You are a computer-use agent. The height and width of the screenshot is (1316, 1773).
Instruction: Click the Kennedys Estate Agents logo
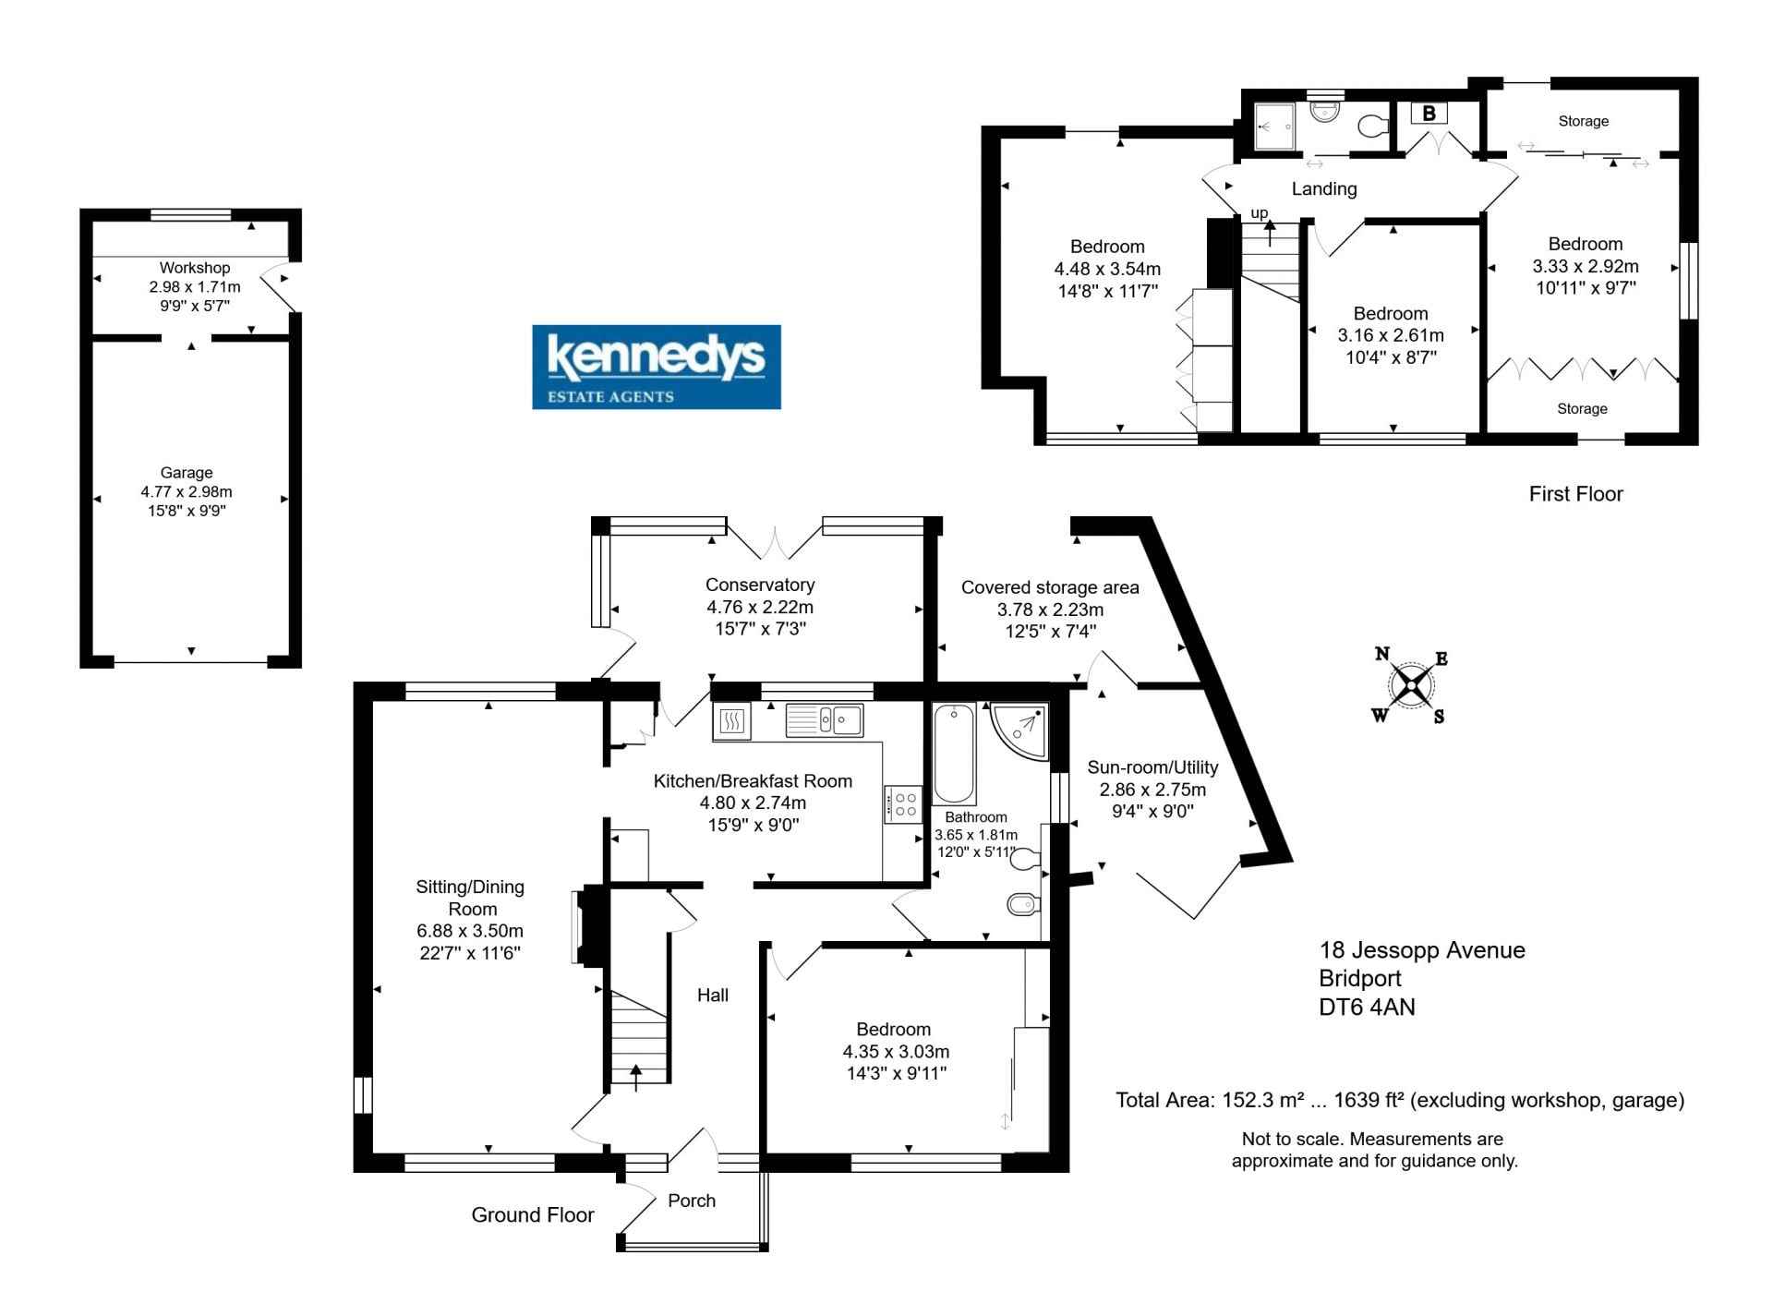(x=656, y=367)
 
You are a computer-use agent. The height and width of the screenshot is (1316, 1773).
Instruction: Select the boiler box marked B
(x=1429, y=114)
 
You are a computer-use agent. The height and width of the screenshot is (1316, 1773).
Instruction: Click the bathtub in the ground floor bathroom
(x=954, y=754)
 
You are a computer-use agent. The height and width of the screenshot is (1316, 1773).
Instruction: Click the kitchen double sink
(x=825, y=720)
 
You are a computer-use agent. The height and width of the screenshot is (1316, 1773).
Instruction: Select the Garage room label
(x=187, y=473)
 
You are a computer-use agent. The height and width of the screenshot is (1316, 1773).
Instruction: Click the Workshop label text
(x=194, y=268)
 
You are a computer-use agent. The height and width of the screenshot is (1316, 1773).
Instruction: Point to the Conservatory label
(x=760, y=585)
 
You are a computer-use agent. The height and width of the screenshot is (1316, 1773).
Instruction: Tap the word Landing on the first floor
(x=1324, y=189)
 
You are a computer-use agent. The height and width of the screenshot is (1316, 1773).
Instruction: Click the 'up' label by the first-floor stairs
(x=1260, y=213)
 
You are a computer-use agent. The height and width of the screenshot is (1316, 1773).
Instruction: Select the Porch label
(x=692, y=1201)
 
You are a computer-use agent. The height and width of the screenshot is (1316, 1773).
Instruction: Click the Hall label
(x=713, y=995)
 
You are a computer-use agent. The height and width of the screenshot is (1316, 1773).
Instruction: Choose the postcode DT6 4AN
(x=1367, y=1007)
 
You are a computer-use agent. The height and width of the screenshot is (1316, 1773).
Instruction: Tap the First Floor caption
(x=1575, y=494)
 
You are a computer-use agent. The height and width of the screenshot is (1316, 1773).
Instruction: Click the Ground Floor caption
(x=533, y=1215)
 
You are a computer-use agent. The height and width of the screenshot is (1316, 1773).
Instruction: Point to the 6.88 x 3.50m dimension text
(x=470, y=931)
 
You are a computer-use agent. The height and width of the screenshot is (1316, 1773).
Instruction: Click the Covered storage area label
(x=1050, y=587)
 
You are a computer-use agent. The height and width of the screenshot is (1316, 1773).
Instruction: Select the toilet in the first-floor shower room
(x=1373, y=126)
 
